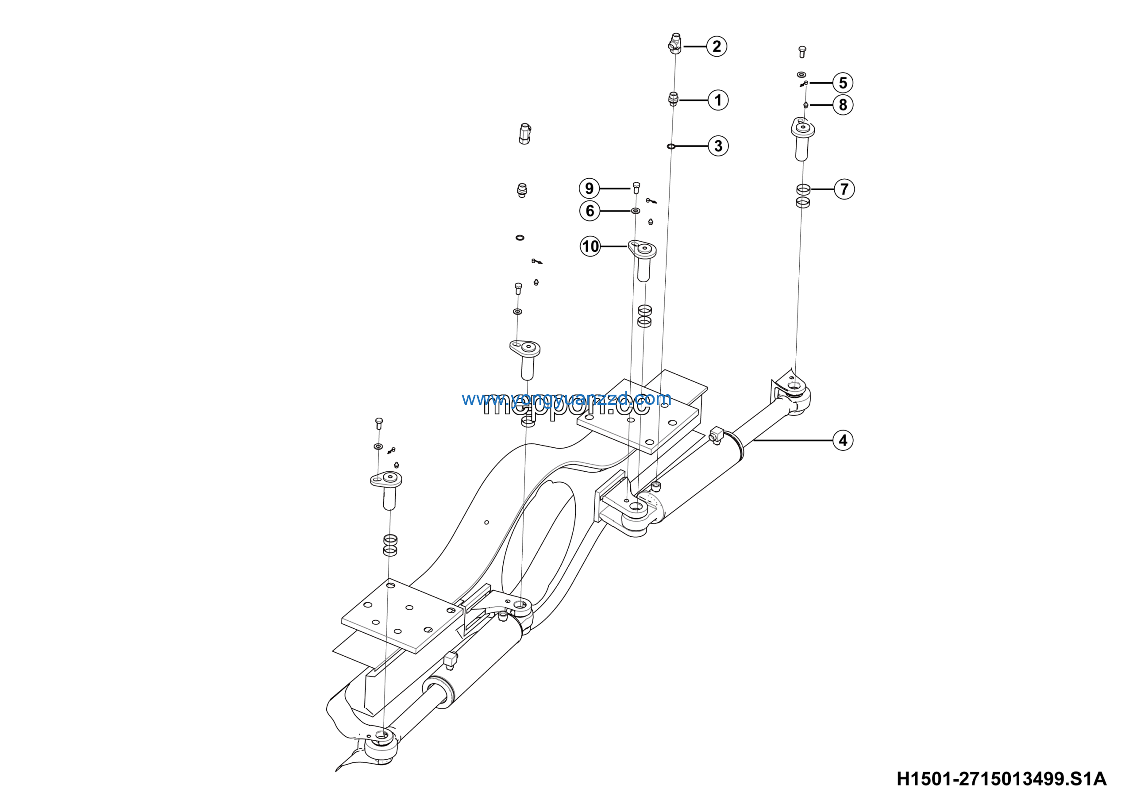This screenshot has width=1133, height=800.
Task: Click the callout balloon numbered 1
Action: pyautogui.click(x=718, y=100)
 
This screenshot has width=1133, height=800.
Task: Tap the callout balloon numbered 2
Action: pyautogui.click(x=717, y=46)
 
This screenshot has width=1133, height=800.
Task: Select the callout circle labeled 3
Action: pyautogui.click(x=718, y=146)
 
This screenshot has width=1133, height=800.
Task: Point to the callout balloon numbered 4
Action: pyautogui.click(x=843, y=440)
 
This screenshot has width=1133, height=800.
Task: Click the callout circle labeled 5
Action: pyautogui.click(x=843, y=83)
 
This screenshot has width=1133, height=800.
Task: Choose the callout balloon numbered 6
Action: pyautogui.click(x=590, y=211)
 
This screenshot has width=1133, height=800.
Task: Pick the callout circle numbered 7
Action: pyautogui.click(x=844, y=189)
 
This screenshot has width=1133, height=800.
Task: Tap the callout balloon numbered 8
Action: pyautogui.click(x=843, y=104)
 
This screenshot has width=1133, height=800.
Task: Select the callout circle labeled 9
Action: pyautogui.click(x=589, y=188)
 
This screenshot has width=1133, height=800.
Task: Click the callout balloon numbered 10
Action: pyautogui.click(x=590, y=246)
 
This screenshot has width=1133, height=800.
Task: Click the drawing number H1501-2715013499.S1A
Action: pyautogui.click(x=1001, y=779)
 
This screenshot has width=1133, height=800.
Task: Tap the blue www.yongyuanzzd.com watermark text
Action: pyautogui.click(x=566, y=399)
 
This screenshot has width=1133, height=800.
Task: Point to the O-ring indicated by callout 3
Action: pyautogui.click(x=671, y=146)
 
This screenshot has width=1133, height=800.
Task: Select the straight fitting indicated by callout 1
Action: pyautogui.click(x=673, y=99)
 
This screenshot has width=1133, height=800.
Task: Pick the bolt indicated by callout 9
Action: pyautogui.click(x=636, y=188)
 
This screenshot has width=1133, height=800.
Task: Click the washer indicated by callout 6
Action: pyautogui.click(x=636, y=211)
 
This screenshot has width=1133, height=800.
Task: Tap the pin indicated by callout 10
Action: pyautogui.click(x=643, y=259)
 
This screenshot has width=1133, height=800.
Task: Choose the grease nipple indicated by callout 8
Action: pyautogui.click(x=805, y=104)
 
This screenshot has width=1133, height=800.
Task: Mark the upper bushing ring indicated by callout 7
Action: pyautogui.click(x=803, y=189)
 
